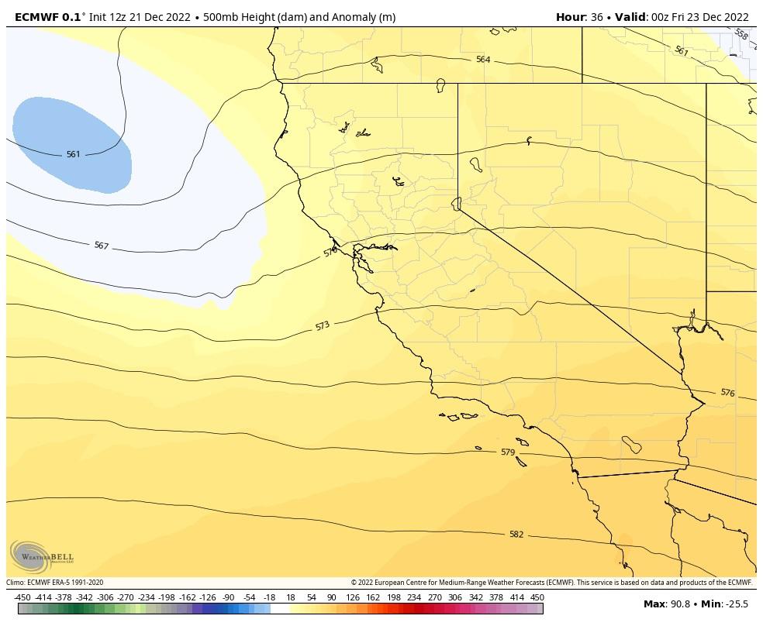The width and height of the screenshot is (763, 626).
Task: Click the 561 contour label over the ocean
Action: (73, 154)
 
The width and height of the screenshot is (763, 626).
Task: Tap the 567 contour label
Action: (101, 246)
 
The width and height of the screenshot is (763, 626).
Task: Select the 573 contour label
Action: (323, 326)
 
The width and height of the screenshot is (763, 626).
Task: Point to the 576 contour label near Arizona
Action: (727, 393)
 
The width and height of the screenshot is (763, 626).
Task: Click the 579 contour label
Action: (507, 452)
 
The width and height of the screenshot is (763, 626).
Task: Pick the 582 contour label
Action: (516, 534)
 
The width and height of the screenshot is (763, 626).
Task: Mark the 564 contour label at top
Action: (483, 60)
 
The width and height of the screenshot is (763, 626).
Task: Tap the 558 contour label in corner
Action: (741, 35)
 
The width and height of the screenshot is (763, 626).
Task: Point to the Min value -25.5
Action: (735, 604)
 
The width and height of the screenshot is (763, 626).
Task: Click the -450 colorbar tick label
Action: (22, 597)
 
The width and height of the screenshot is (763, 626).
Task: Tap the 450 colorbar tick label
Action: (537, 597)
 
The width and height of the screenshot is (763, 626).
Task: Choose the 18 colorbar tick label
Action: (290, 597)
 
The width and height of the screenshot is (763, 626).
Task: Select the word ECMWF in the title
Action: (31, 17)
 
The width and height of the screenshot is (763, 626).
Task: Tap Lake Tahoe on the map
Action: (457, 203)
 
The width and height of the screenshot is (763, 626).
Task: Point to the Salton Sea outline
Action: (632, 445)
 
